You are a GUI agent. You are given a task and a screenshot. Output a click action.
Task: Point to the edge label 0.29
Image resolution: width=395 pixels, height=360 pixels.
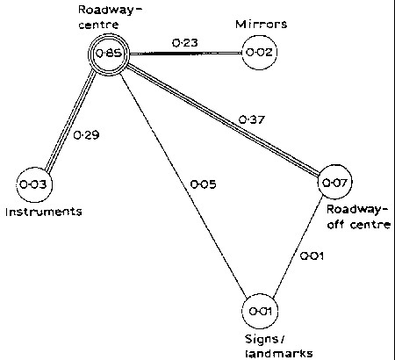pos(84,136)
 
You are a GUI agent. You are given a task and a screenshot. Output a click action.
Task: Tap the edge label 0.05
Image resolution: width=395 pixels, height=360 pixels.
pos(202,184)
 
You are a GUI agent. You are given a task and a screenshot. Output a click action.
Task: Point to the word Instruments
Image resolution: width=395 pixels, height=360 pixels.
pos(41,212)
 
